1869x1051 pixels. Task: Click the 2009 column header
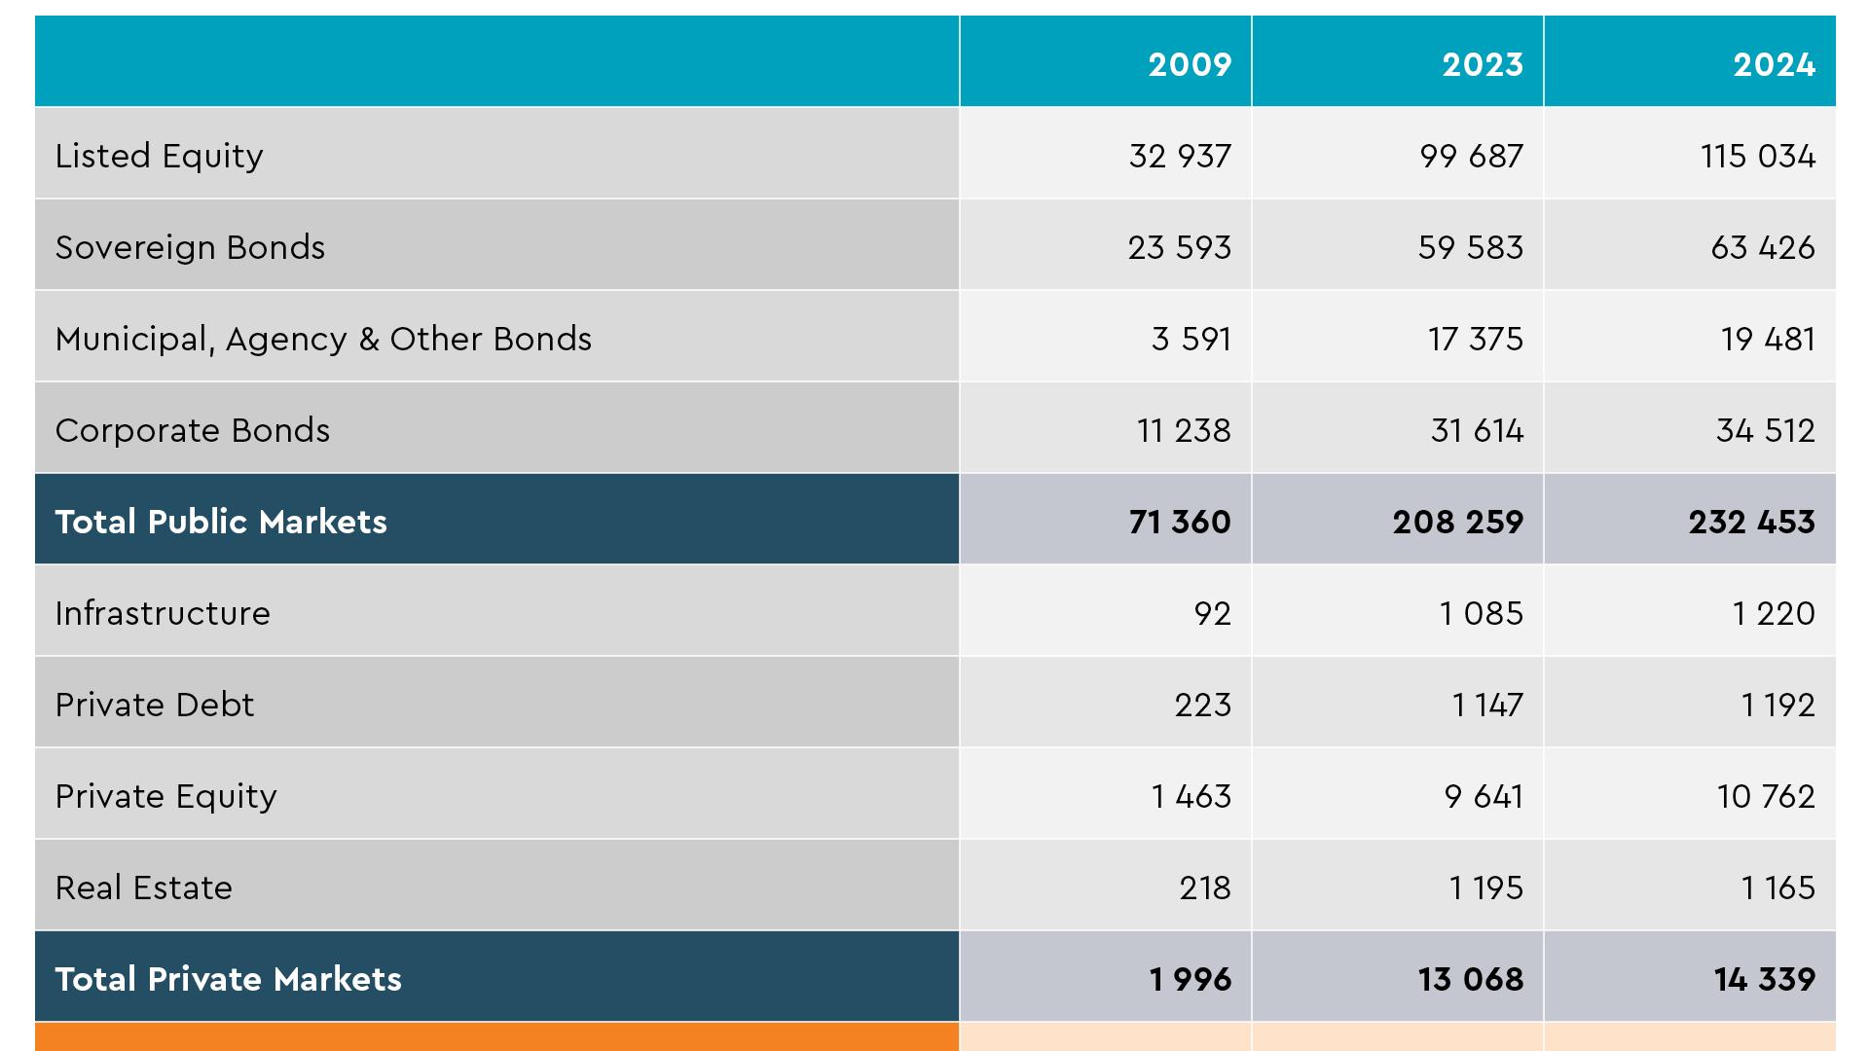1190,64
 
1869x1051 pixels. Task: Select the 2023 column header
1482,64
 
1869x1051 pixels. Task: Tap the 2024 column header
1774,64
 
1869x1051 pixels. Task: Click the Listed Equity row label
159,156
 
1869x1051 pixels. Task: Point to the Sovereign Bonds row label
190,247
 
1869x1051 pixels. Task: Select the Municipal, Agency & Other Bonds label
323,339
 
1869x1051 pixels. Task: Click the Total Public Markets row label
221,522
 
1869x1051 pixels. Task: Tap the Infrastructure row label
163,613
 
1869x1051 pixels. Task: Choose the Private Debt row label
154,705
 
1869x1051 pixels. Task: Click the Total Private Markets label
228,979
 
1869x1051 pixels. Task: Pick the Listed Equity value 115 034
1757,156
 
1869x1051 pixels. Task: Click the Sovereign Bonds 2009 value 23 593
1179,247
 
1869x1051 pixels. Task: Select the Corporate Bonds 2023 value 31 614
1476,430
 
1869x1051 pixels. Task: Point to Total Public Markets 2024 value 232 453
1751,522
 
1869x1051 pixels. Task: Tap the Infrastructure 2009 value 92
1212,613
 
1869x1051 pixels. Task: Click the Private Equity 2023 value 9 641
1483,796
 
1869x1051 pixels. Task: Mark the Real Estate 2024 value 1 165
1777,888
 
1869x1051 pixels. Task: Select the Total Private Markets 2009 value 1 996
1190,979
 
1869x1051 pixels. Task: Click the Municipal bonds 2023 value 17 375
1475,339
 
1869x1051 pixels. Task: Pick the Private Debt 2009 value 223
1202,705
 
